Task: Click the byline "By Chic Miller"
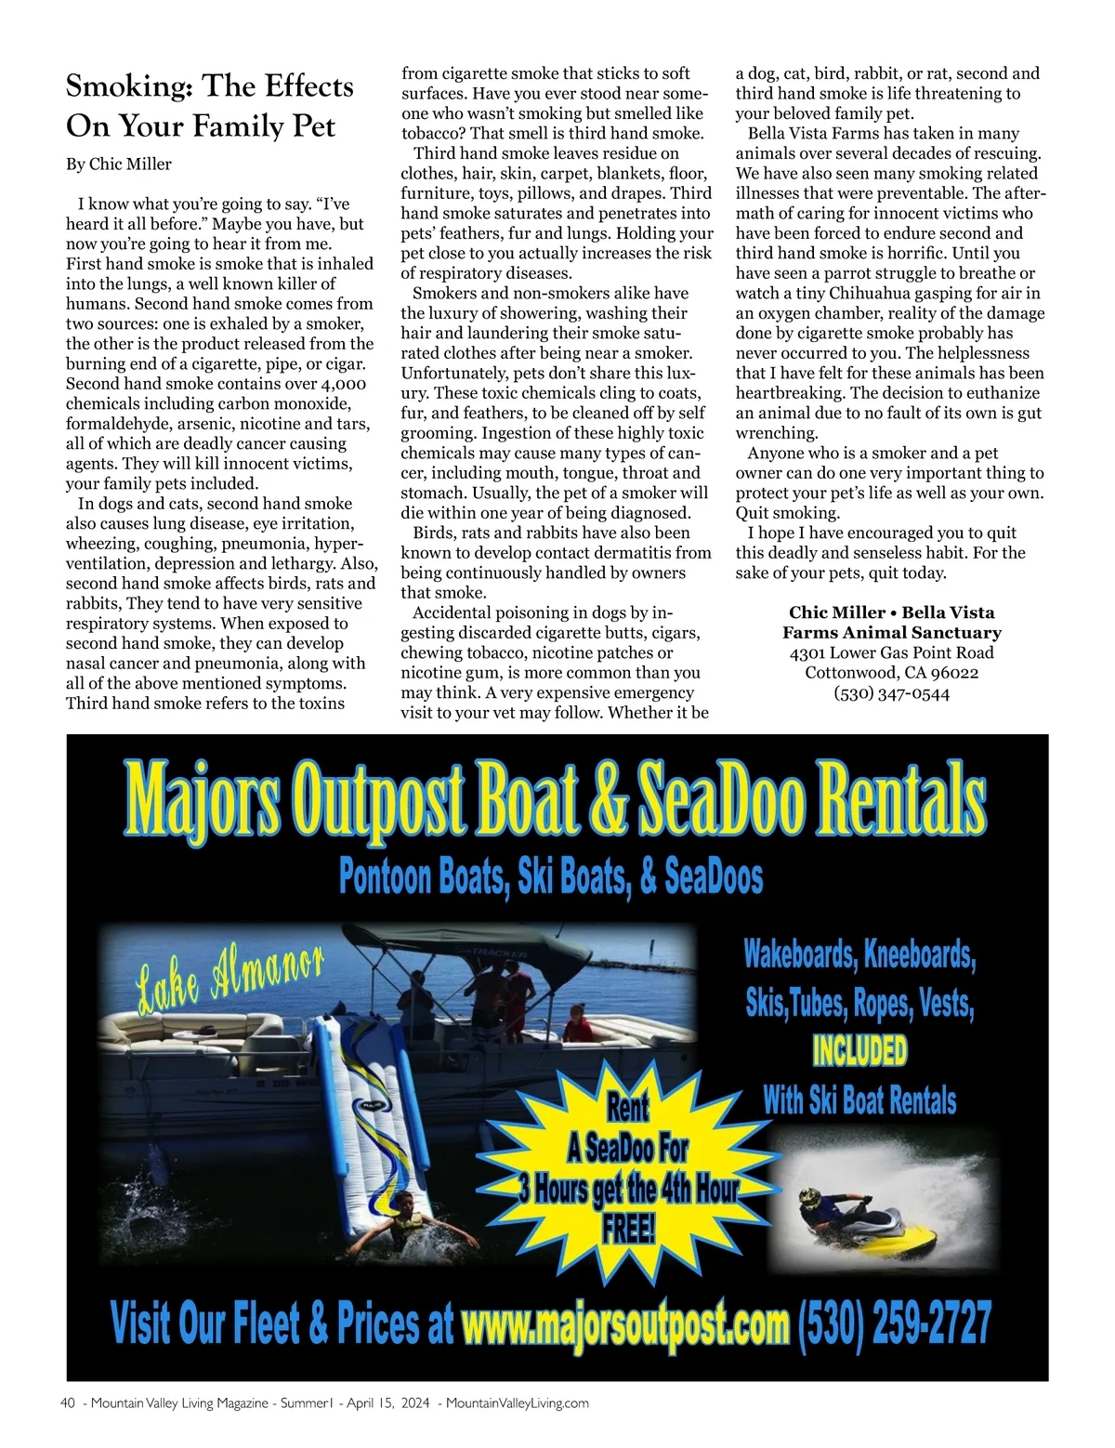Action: tap(119, 165)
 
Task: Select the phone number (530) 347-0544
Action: tap(891, 693)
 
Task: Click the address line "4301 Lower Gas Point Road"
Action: tap(891, 652)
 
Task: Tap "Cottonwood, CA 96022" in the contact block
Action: tap(891, 673)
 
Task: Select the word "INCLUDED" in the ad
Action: tap(859, 1051)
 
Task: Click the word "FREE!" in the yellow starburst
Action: tap(629, 1229)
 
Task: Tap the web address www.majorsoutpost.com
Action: tap(624, 1323)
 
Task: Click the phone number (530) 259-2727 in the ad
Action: tap(895, 1323)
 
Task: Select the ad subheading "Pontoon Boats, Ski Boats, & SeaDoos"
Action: tap(551, 876)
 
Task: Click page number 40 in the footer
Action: tap(67, 1403)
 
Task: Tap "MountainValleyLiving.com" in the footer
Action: tap(517, 1403)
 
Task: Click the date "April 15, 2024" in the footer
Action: tap(387, 1403)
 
